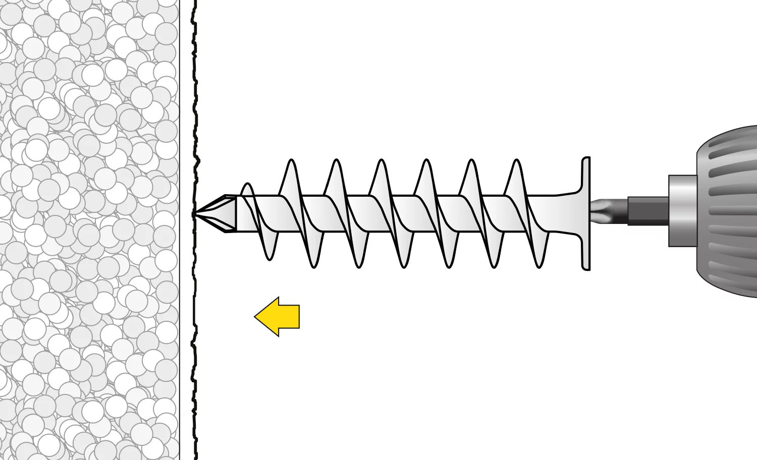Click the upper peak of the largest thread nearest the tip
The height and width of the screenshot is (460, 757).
291,162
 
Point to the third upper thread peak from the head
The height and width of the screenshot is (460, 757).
426,162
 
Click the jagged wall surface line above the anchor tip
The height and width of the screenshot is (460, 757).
195,101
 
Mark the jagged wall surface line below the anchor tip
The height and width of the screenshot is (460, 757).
194,328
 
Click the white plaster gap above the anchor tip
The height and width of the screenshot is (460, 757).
187,101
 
